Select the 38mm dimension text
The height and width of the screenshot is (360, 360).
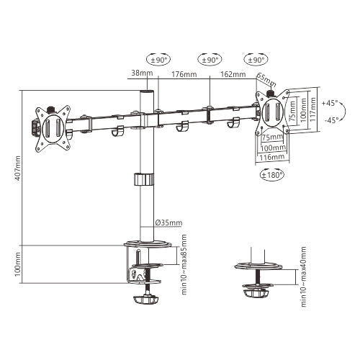tap(142, 73)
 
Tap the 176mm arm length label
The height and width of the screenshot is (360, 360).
tap(184, 74)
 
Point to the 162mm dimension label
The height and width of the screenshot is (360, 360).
tap(234, 74)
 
